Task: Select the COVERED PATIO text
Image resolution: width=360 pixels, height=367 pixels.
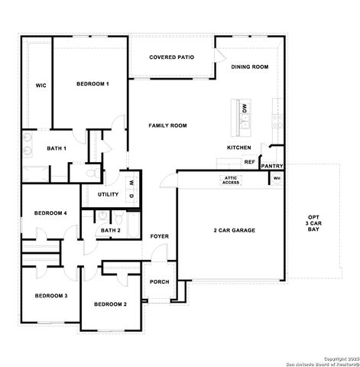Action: click(x=171, y=57)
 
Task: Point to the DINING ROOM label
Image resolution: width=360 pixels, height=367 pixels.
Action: click(x=250, y=67)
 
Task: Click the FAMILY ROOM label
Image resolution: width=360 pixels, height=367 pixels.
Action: click(x=167, y=125)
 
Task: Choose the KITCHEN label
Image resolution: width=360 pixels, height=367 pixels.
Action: click(x=238, y=148)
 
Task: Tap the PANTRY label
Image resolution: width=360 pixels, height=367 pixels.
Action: click(x=272, y=166)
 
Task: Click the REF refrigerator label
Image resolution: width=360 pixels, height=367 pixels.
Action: click(x=249, y=162)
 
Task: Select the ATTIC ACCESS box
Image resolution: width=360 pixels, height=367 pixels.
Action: click(x=231, y=180)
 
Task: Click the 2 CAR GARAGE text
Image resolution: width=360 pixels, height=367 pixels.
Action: click(x=234, y=230)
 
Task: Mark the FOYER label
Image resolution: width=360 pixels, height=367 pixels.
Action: click(x=159, y=236)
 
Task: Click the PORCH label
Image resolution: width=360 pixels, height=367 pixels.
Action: click(x=159, y=281)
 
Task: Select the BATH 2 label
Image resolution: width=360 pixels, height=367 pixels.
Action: click(x=110, y=230)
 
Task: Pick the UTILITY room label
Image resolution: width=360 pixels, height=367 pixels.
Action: click(x=109, y=195)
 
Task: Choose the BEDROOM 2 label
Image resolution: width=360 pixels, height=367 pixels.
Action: click(x=110, y=304)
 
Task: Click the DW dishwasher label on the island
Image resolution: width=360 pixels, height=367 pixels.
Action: click(x=245, y=109)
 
